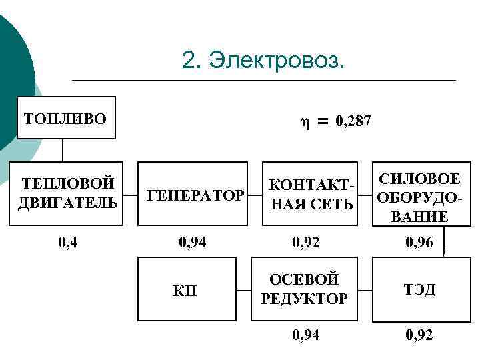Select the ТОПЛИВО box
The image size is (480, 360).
[x=65, y=118]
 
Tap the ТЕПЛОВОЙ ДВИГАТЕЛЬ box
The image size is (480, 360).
[x=67, y=193]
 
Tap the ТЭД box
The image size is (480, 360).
[x=421, y=289]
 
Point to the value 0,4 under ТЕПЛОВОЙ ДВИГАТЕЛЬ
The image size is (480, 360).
[x=67, y=243]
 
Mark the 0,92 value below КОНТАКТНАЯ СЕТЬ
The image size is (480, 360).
[x=306, y=243]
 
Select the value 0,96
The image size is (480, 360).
[x=419, y=243]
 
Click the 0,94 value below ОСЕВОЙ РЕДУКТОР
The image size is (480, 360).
[x=306, y=335]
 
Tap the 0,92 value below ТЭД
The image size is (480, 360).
[x=419, y=335]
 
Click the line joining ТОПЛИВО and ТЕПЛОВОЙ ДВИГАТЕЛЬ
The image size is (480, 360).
[x=63, y=150]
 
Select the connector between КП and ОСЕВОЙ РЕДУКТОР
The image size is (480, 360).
[x=245, y=289]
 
